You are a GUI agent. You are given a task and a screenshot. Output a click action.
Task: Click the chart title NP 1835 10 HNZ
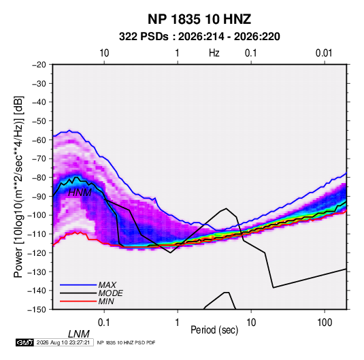[x=199, y=19]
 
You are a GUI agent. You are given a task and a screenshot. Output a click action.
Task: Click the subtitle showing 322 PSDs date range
[x=199, y=37]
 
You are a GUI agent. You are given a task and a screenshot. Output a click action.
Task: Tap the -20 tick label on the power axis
[x=39, y=65]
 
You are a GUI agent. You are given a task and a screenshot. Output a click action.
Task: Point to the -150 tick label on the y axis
[x=37, y=310]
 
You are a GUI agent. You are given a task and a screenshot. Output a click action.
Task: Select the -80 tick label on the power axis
[x=39, y=178]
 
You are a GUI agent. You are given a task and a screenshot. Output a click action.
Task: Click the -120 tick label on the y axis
[x=37, y=252]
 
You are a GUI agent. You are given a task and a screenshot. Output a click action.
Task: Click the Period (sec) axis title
[x=214, y=330]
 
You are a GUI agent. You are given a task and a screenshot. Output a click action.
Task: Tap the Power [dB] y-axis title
[x=18, y=186]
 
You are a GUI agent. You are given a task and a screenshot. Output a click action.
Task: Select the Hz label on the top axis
[x=214, y=53]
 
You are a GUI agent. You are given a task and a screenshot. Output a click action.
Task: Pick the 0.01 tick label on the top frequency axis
[x=324, y=53]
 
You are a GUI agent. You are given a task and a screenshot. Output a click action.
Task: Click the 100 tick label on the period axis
[x=325, y=323]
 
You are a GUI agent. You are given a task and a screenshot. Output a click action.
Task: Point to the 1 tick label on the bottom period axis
[x=178, y=323]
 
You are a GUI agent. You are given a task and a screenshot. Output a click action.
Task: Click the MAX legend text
[x=107, y=285]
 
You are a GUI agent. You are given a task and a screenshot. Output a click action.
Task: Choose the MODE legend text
[x=110, y=293]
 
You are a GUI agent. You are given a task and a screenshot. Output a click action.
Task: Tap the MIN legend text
[x=106, y=301]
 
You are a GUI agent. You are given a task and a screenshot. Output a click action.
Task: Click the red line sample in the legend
[x=78, y=301]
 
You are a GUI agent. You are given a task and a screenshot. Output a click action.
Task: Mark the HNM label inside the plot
[x=80, y=193]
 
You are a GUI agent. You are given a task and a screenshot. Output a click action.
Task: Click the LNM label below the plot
[x=79, y=334]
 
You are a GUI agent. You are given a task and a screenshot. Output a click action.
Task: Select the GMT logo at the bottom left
[x=24, y=342]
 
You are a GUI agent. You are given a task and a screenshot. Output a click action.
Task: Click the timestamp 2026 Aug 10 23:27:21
[x=63, y=342]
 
